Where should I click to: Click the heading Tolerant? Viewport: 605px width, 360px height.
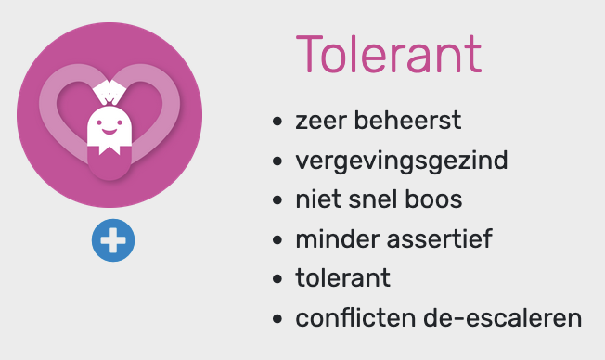(x=388, y=56)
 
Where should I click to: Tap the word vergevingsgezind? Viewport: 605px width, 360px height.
(x=402, y=161)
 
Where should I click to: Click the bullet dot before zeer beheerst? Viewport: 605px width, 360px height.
(x=277, y=122)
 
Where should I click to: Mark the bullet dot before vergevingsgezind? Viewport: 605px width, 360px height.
(x=277, y=161)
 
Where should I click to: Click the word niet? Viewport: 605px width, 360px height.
(x=316, y=199)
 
